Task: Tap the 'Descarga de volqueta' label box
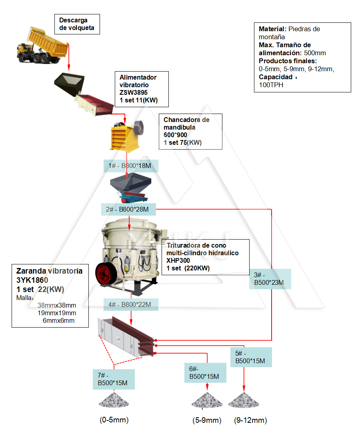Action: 76,24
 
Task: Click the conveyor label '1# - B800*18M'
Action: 130,166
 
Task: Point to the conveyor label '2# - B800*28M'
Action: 128,209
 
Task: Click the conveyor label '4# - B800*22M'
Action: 130,305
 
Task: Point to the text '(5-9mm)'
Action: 207,420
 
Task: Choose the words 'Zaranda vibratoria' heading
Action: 49,271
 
